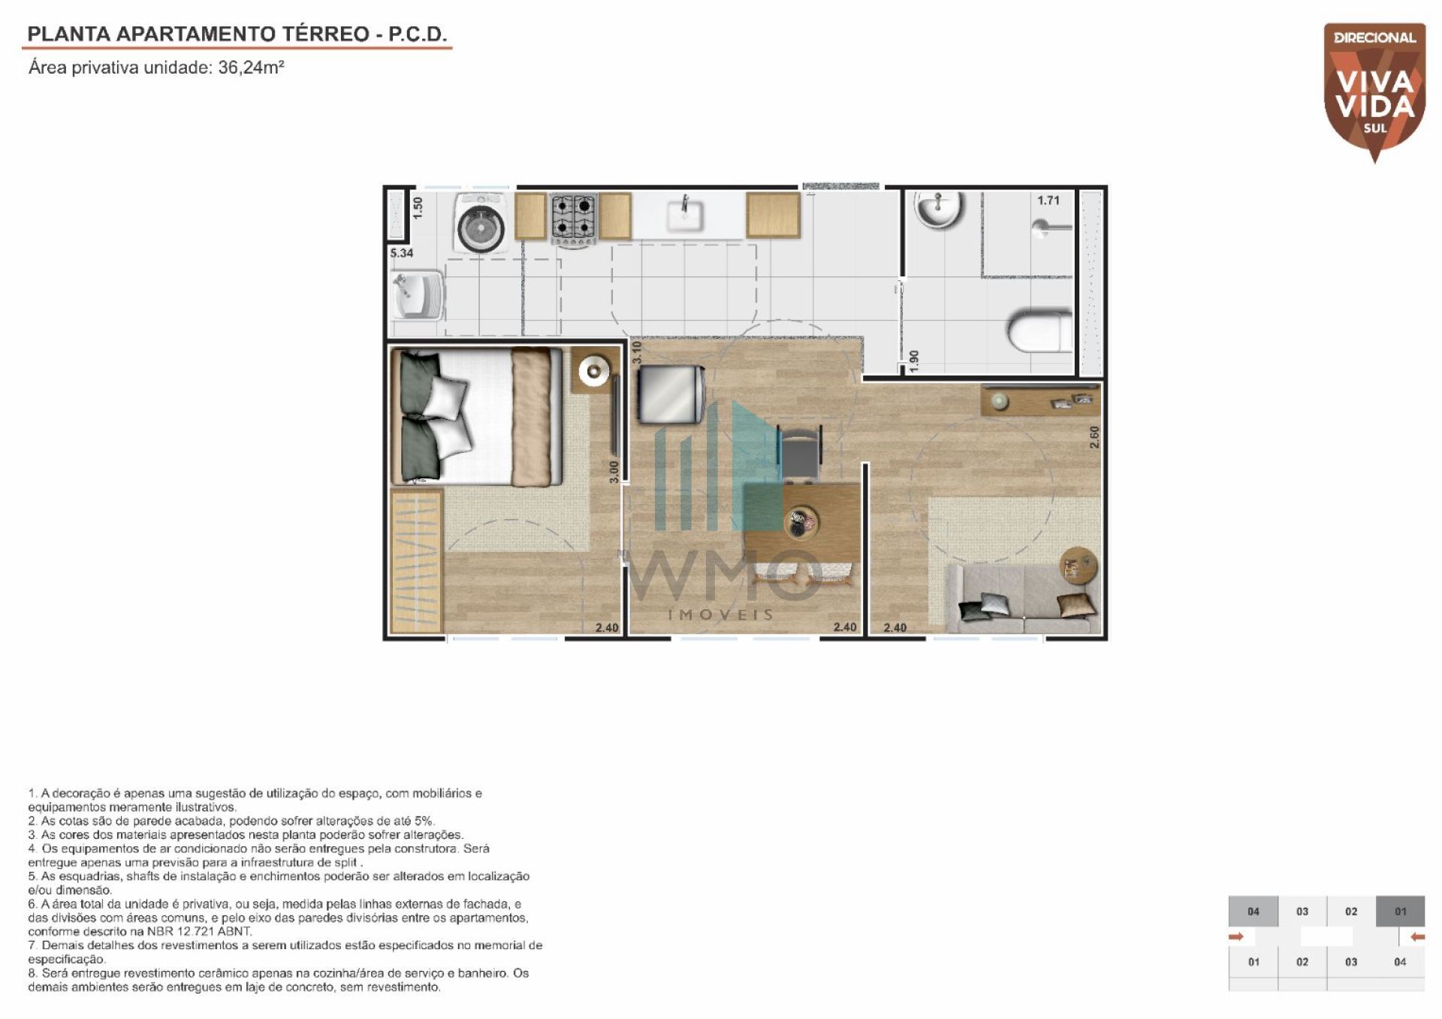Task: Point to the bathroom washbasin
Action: [x=938, y=209]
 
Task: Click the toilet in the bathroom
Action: [x=1040, y=330]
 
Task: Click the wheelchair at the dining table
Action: [x=799, y=451]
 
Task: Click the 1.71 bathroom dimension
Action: [x=1048, y=200]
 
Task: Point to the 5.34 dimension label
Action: [x=402, y=253]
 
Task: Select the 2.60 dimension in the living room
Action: [x=1094, y=438]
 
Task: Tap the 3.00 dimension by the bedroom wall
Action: [x=614, y=471]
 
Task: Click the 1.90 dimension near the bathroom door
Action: [x=913, y=360]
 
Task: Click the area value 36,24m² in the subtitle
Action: [x=251, y=68]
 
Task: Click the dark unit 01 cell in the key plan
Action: [x=1400, y=912]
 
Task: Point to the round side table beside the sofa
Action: [x=1079, y=565]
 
